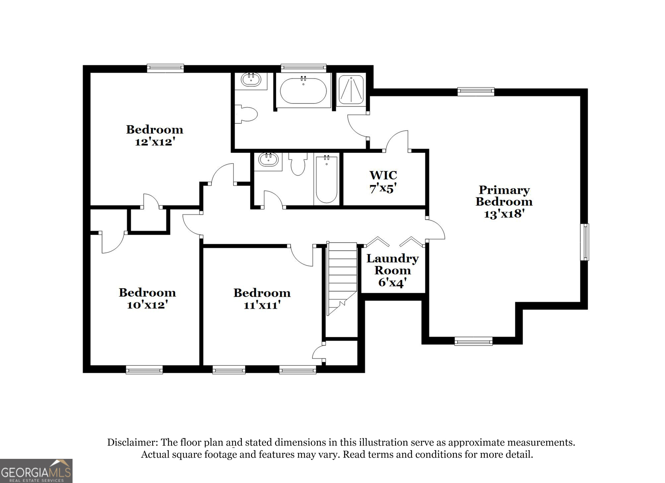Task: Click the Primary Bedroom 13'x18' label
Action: pos(504,202)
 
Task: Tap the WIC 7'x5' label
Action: pos(383,182)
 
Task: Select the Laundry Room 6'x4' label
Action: pos(392,270)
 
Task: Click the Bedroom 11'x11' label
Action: pos(261,298)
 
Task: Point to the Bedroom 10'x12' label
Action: pos(147,298)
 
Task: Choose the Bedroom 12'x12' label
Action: pos(155,135)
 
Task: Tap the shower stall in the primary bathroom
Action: pos(351,89)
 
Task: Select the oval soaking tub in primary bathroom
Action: pos(303,91)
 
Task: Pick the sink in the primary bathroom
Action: pos(251,80)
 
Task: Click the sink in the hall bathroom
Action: pos(268,160)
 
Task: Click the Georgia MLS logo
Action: pos(36,471)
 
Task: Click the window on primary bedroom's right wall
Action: pos(585,242)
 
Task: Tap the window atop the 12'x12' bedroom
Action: pos(165,68)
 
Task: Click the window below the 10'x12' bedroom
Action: pos(144,370)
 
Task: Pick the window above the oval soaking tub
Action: pos(303,68)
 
